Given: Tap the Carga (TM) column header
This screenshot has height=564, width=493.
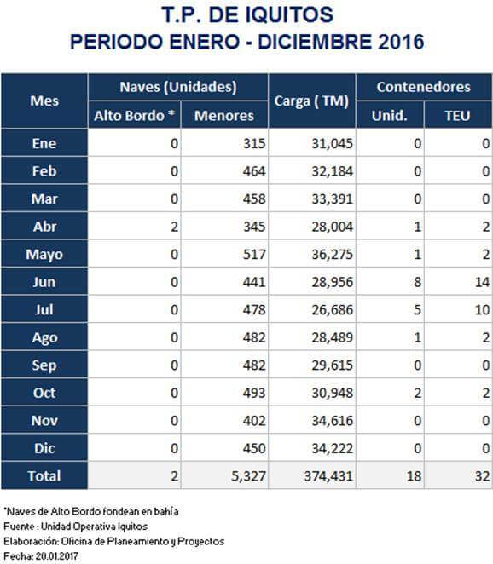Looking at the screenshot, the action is (x=311, y=101).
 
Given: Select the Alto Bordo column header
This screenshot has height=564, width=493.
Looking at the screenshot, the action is (x=134, y=116).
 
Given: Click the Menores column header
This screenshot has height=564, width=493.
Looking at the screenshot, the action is (x=224, y=116).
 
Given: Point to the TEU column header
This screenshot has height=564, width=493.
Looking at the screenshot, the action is (x=457, y=116).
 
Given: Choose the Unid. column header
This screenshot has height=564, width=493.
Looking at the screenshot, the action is (x=389, y=116).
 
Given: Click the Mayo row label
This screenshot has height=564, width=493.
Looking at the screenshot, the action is (x=44, y=255).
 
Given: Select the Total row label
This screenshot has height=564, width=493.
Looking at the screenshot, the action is (x=44, y=476).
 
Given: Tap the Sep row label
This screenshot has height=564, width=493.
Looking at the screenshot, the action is (x=44, y=365).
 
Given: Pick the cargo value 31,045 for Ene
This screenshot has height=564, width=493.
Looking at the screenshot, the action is (x=332, y=143).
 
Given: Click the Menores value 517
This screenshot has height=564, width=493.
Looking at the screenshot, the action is (x=254, y=254).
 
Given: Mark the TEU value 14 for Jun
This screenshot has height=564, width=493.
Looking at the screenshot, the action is (x=482, y=282).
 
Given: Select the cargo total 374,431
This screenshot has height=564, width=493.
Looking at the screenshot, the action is (x=328, y=476).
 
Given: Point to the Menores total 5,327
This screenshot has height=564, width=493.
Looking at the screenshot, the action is (x=248, y=476).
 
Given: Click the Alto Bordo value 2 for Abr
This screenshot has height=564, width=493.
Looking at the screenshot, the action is (x=174, y=227).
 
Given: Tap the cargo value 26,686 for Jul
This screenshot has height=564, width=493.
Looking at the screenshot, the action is (x=332, y=310).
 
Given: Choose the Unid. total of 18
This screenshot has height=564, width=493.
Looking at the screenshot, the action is (x=414, y=476).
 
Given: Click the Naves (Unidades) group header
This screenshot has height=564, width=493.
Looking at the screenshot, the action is (x=178, y=87).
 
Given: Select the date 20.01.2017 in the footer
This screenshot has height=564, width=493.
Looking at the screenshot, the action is (x=56, y=556).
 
